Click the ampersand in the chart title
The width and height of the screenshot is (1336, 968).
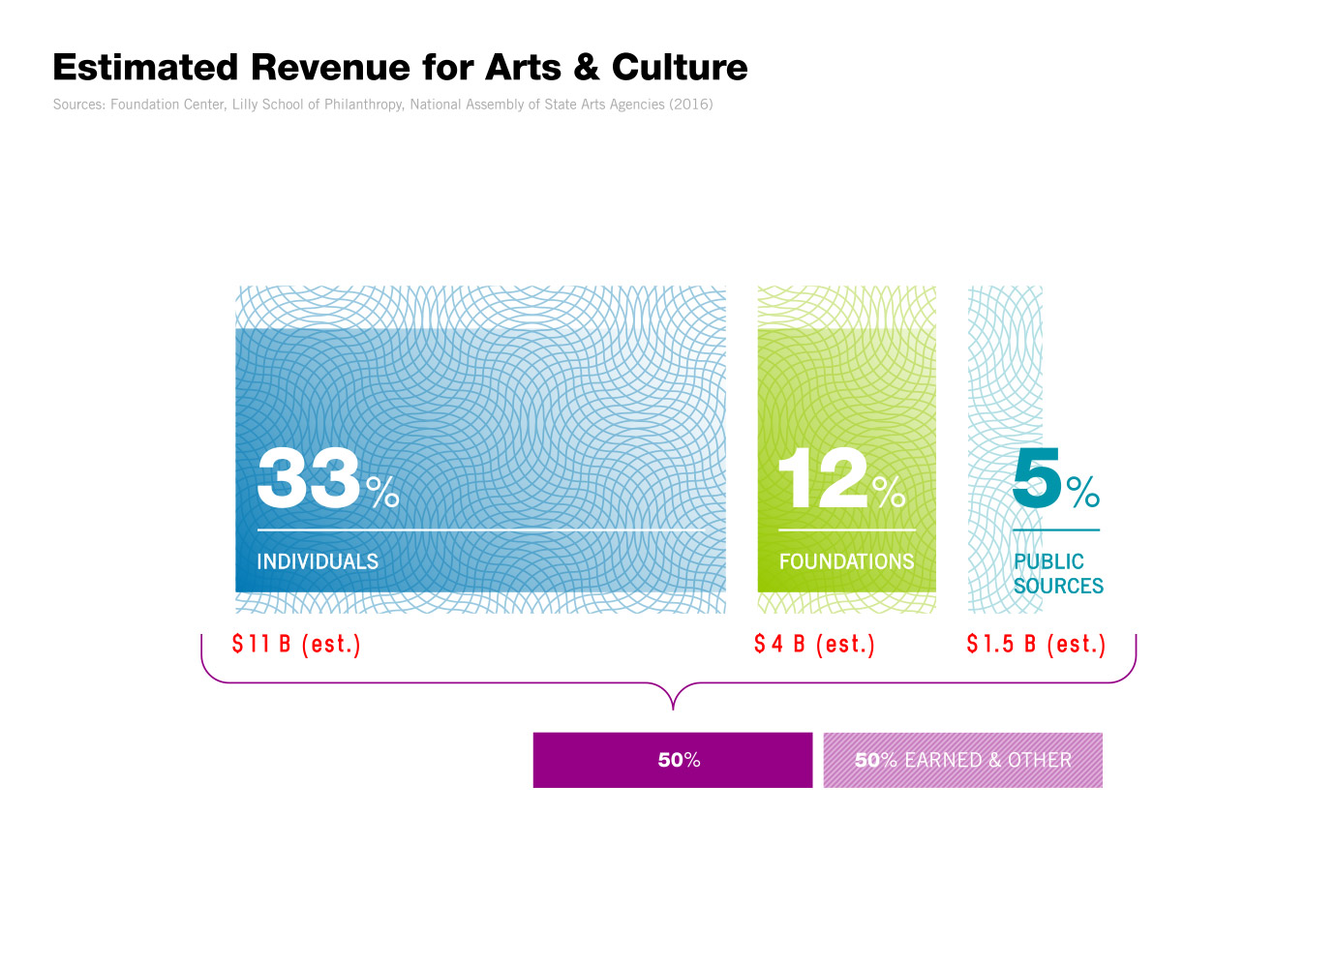coord(587,68)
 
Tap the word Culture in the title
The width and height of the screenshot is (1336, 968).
coord(680,68)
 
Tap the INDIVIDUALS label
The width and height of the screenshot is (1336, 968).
coord(318,561)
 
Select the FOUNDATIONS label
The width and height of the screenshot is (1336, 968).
coord(846,561)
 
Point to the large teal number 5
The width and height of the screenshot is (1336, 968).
coord(1037,477)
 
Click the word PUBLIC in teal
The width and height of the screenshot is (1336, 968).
coord(1048,561)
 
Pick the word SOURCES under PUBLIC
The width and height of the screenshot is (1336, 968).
coord(1058,586)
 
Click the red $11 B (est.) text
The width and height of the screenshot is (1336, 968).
coord(296,644)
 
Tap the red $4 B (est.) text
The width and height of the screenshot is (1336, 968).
coord(814,644)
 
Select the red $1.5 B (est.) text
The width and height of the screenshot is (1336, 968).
coord(1036,644)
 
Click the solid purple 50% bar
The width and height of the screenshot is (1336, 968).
coord(673,760)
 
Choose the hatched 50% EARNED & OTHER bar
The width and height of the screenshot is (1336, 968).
coord(962,760)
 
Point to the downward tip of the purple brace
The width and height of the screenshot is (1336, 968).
coord(673,708)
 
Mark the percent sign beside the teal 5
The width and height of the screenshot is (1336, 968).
coord(1083,492)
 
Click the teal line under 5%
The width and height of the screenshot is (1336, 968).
coord(1056,530)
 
